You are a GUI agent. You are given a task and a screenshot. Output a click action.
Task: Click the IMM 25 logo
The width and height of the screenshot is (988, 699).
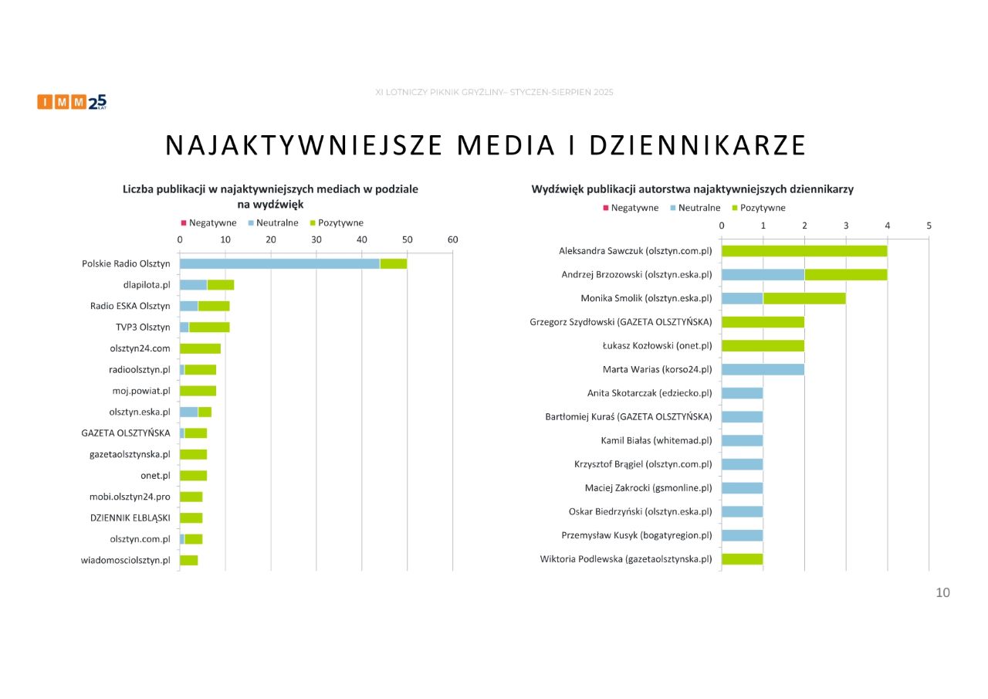coord(72,102)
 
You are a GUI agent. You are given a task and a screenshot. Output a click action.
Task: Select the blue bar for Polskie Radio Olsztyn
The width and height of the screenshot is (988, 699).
coord(279,263)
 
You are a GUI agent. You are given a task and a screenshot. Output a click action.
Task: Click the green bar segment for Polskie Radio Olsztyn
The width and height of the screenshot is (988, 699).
coord(393,263)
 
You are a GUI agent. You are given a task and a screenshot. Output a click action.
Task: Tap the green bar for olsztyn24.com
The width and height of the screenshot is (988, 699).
coord(200,348)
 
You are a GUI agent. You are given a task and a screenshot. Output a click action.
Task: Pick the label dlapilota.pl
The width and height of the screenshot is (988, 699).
coord(147,285)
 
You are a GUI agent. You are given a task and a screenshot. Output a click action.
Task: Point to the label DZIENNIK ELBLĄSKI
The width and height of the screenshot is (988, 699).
coord(130,517)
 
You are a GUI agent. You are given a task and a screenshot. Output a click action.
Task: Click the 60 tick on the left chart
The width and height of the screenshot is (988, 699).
coord(452,239)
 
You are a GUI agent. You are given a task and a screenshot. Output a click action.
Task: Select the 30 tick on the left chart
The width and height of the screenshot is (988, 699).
coord(316,239)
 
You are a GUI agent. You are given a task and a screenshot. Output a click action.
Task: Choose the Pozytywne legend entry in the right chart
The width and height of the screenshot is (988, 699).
coord(762,208)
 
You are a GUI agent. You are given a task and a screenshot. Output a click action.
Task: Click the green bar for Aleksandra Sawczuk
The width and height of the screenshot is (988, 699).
coord(804,251)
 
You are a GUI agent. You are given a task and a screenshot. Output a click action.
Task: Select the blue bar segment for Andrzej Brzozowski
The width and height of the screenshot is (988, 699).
coord(763,274)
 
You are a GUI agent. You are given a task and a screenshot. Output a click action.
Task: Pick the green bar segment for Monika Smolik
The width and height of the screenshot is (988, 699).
coord(804,298)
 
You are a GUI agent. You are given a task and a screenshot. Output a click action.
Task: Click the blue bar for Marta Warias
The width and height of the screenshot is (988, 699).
coord(763,369)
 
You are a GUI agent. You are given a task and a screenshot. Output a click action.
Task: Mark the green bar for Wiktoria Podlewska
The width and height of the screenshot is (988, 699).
coord(742,558)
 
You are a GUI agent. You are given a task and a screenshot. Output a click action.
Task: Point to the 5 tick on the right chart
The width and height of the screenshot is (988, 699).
coord(929,226)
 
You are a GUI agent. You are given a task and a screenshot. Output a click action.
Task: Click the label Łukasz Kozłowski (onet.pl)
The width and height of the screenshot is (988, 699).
coord(657,346)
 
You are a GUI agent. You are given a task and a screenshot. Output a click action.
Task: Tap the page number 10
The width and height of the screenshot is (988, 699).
coord(942,592)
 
